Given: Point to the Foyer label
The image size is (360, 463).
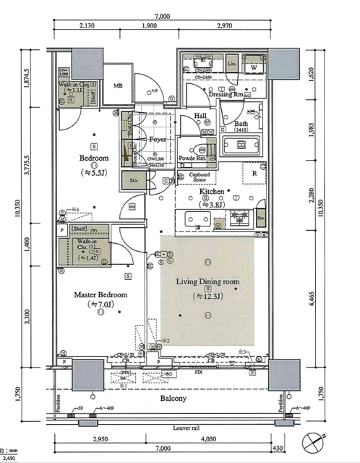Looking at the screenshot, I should point(158,139).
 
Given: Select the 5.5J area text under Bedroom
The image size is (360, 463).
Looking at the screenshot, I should point(93,173).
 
